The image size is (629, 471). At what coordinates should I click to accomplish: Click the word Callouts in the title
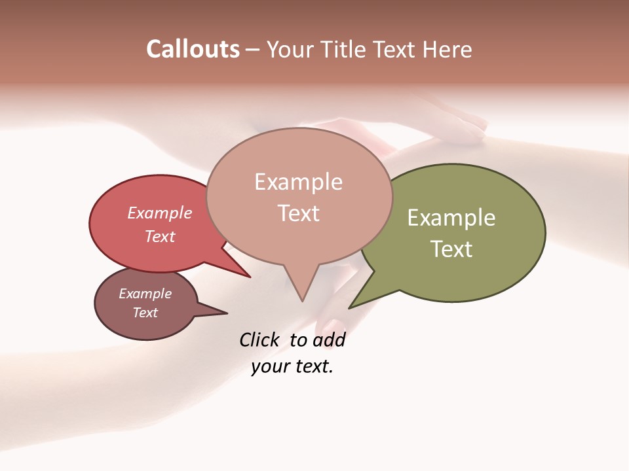coord(193,49)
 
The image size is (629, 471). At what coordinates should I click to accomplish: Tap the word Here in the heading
coord(449,50)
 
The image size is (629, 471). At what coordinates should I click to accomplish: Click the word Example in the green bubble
coord(451,218)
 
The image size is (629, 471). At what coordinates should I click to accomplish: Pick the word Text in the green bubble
coord(451,249)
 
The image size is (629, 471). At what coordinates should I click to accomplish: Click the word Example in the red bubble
coord(159,213)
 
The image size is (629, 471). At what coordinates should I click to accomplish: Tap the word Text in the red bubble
coord(159,236)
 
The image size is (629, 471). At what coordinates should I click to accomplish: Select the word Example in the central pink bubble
coord(299,181)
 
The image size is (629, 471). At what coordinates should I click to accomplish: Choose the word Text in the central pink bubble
coord(299,213)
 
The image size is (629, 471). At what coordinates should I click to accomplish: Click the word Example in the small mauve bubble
coord(145,294)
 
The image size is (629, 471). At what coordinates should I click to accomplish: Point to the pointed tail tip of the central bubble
coord(302,300)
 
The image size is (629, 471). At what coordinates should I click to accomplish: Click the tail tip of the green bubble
coord(350,307)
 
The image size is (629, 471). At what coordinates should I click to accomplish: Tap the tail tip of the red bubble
coord(250,277)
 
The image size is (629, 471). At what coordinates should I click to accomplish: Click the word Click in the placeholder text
coord(260,340)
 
